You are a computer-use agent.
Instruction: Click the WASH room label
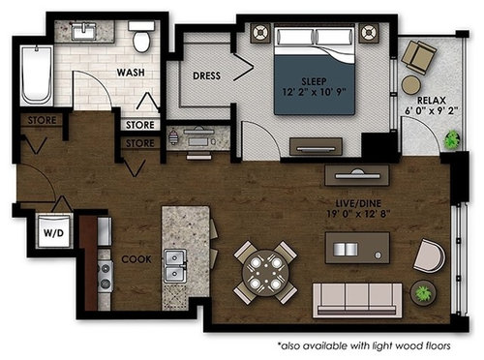[x=131, y=73]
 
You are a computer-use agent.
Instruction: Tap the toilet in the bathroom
[x=141, y=37]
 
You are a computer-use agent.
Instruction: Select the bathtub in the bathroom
[x=37, y=75]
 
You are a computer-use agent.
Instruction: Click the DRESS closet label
[x=206, y=75]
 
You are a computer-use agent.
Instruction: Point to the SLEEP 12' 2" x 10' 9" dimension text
[x=314, y=86]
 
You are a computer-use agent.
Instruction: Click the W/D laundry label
[x=53, y=232]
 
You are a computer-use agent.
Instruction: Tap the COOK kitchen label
[x=136, y=259]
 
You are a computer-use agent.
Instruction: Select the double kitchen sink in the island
[x=175, y=266]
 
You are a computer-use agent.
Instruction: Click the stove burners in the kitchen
[x=105, y=275]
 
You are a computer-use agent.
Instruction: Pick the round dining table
[x=265, y=273]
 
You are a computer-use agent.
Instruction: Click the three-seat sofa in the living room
[x=357, y=300]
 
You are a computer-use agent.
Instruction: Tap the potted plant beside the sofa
[x=423, y=293]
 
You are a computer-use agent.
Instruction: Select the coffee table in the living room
[x=357, y=248]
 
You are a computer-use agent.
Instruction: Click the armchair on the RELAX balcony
[x=418, y=57]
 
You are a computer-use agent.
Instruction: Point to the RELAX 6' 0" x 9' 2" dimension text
[x=432, y=105]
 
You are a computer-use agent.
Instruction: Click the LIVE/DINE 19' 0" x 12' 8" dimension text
[x=358, y=208]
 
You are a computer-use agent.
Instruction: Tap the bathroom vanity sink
[x=84, y=32]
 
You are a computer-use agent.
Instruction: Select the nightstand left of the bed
[x=260, y=33]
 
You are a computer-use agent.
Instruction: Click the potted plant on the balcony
[x=452, y=139]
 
